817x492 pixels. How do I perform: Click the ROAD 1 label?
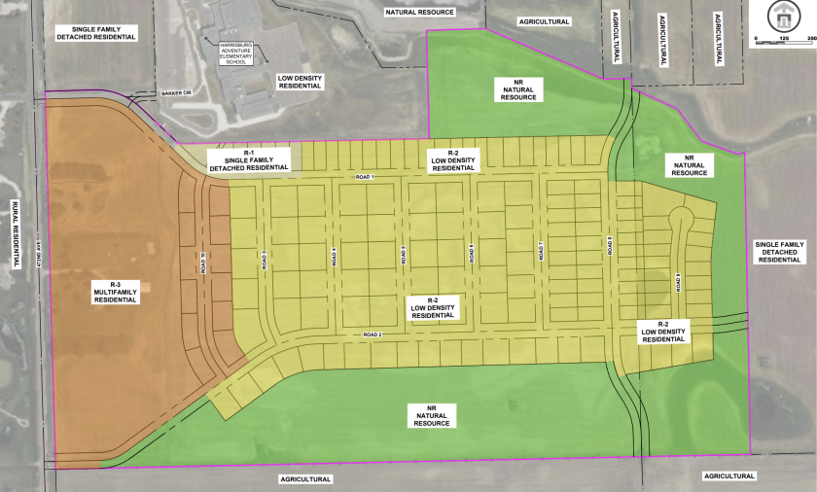[365, 177]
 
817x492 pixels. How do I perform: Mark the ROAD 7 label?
[541, 252]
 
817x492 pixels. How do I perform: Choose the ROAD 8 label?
[610, 247]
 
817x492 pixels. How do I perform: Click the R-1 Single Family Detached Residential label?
[249, 159]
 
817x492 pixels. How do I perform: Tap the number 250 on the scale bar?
[808, 39]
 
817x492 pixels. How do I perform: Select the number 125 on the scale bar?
[783, 39]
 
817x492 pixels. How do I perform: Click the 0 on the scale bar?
[756, 39]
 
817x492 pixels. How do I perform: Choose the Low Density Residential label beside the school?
[300, 82]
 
